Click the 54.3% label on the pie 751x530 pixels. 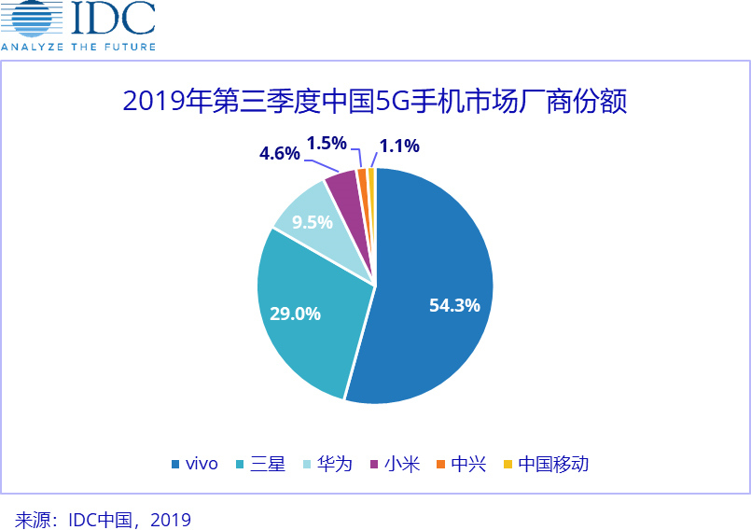coord(454,305)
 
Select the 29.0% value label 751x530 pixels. coord(295,314)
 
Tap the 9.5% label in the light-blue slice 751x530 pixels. coord(312,223)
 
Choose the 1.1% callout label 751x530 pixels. coord(399,146)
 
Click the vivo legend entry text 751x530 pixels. coord(202,464)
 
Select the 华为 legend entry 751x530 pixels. coord(334,464)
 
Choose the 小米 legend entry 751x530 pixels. coord(402,464)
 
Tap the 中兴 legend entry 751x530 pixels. coord(468,464)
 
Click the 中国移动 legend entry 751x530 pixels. coord(553,464)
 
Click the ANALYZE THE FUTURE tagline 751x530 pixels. coord(78,46)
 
